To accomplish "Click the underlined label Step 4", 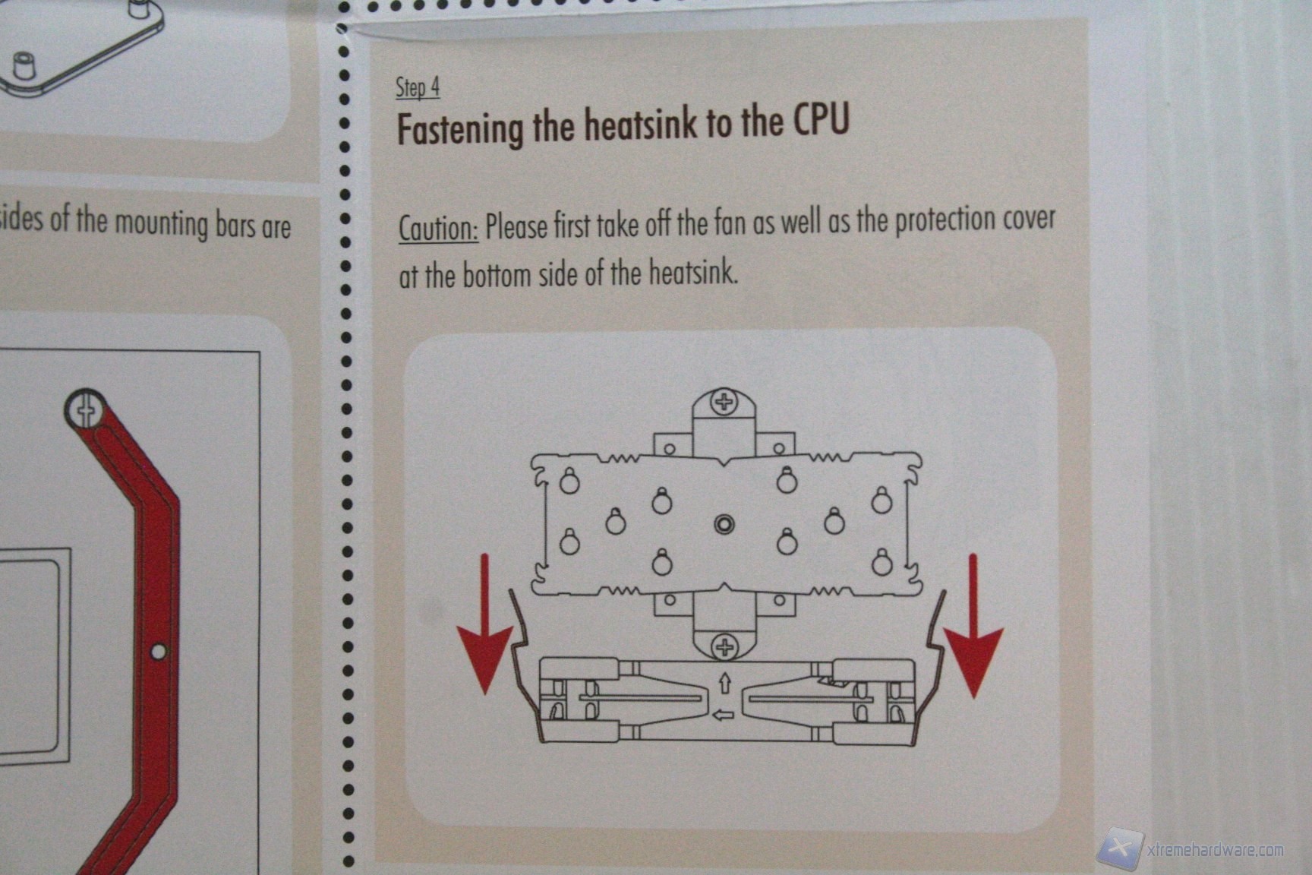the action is tap(418, 88).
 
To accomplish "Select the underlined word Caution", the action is tap(438, 227).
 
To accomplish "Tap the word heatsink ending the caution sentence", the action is tap(693, 272).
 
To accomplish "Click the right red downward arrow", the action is tap(973, 626).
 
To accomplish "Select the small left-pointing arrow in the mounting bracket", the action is tap(725, 714).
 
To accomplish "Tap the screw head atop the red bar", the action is tap(86, 410).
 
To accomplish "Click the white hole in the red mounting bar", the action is tap(158, 652).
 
